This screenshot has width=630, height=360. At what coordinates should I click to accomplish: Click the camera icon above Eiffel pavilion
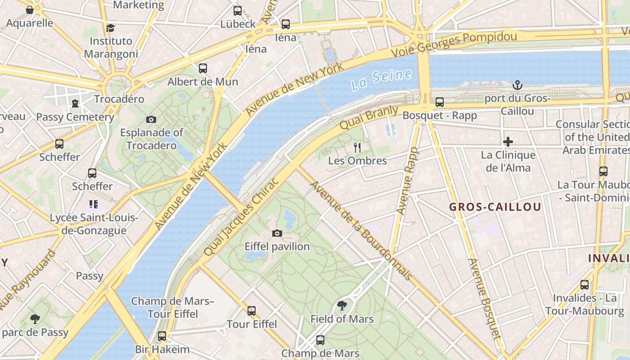tap(277, 233)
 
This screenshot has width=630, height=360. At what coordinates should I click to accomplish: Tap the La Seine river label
tap(381, 80)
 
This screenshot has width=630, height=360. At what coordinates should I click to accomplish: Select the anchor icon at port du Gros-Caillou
tap(517, 85)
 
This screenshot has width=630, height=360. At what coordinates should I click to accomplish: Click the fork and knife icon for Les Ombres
tap(357, 147)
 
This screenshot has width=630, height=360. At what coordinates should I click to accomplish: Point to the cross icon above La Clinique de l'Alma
tap(508, 142)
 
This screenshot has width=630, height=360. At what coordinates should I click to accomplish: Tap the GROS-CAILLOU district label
tap(495, 207)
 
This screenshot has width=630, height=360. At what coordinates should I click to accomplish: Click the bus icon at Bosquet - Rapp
tap(440, 102)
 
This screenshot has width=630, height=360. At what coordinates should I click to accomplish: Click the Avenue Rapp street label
tap(407, 180)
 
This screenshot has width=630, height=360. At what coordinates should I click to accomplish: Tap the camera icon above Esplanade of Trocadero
tap(151, 119)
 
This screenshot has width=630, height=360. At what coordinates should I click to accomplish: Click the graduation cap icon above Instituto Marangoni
tap(111, 28)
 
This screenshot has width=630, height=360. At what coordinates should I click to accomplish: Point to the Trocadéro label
tap(119, 99)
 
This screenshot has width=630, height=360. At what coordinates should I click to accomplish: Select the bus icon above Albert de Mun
tap(203, 68)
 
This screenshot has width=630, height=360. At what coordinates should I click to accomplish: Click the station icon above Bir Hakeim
tap(162, 336)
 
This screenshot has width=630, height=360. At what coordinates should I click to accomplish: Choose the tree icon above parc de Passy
tap(35, 319)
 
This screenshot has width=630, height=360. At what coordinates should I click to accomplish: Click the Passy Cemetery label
tap(75, 117)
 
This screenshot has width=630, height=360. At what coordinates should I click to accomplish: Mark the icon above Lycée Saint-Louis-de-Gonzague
tap(94, 204)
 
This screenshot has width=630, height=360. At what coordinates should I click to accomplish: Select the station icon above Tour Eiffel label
tap(252, 310)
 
